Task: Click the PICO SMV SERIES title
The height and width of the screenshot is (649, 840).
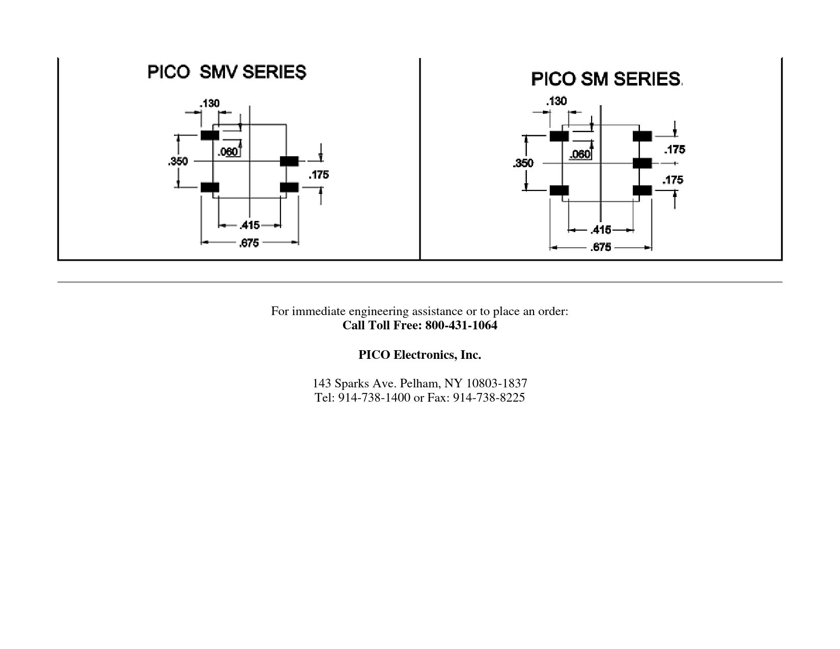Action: tap(227, 72)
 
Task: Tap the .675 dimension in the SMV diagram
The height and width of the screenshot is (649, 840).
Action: tap(249, 243)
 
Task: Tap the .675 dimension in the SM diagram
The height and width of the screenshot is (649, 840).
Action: tap(601, 247)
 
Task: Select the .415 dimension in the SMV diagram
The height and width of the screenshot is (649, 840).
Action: tap(250, 225)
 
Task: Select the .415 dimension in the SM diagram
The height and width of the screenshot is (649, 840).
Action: tap(601, 230)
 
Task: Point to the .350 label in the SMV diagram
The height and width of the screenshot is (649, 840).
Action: tap(178, 161)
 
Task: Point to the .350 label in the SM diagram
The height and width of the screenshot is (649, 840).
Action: tap(523, 163)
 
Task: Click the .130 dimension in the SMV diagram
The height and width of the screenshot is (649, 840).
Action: tap(210, 104)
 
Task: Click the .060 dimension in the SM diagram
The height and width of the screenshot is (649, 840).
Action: tap(580, 154)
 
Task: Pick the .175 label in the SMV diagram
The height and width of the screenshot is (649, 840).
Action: tap(319, 175)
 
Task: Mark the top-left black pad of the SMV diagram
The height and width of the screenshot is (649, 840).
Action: tap(210, 135)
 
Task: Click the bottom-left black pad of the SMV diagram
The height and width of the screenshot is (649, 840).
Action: tap(210, 187)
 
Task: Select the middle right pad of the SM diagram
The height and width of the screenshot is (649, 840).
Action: tap(642, 163)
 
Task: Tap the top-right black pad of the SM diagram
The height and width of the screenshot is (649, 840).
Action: tap(642, 136)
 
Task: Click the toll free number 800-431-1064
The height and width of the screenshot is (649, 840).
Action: tap(461, 325)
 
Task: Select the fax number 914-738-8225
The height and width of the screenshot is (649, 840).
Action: tap(489, 398)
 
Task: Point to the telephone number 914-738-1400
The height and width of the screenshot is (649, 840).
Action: tap(374, 398)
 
